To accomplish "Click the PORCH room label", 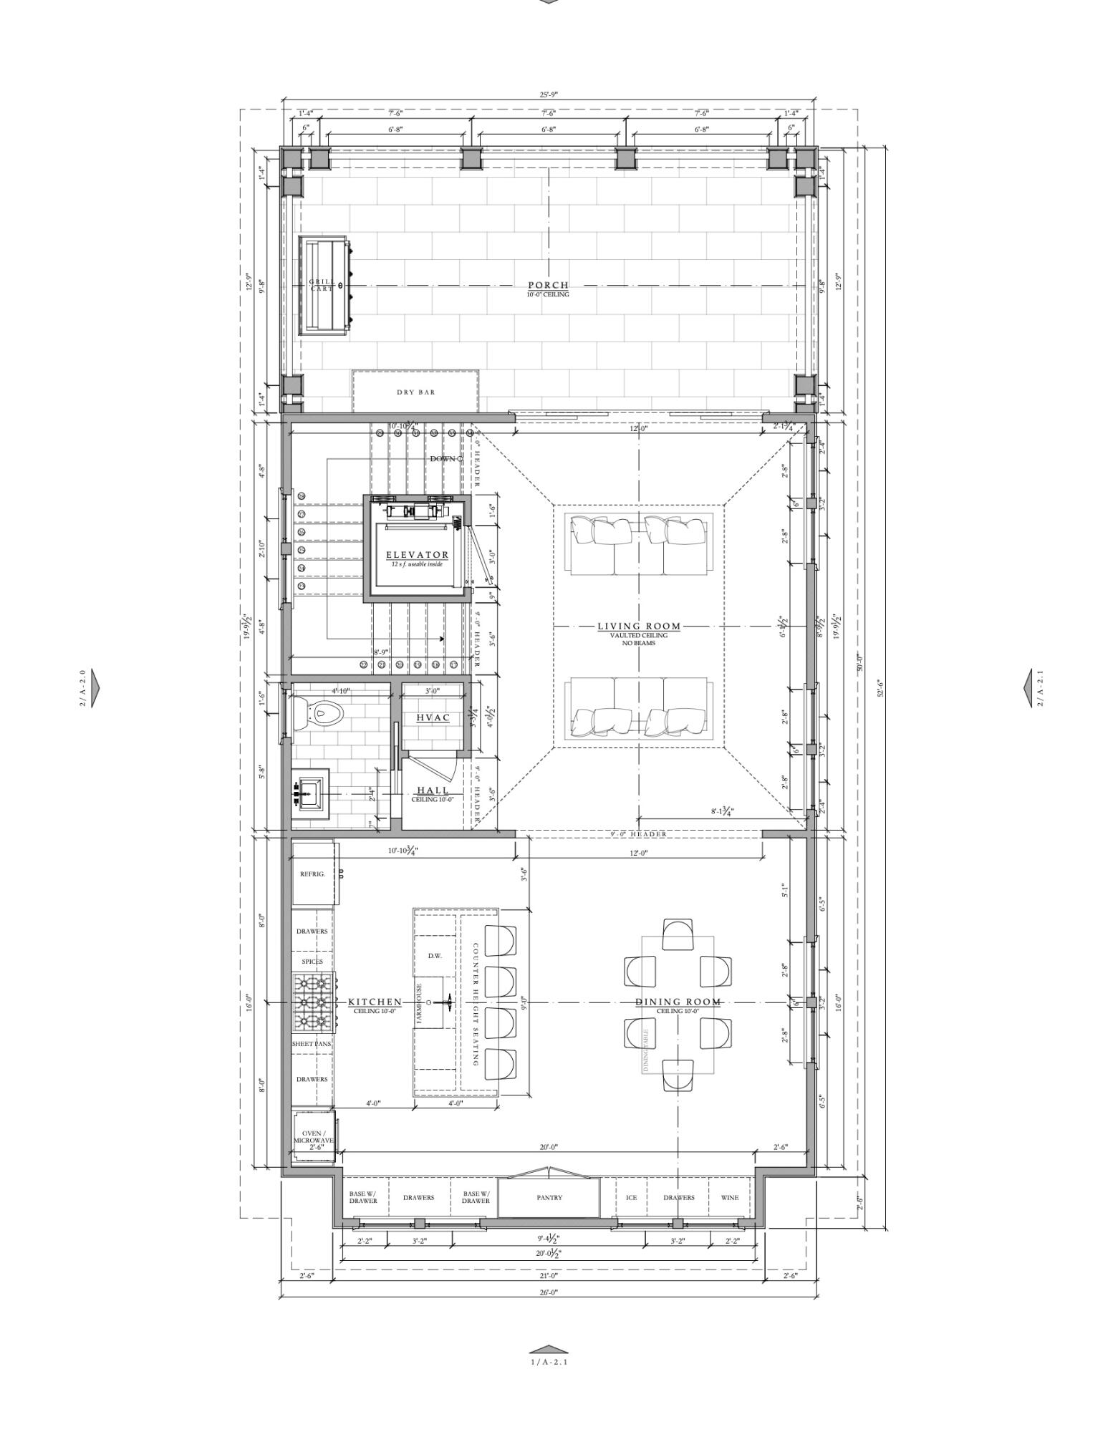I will pos(548,286).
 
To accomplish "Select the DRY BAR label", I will pos(415,392).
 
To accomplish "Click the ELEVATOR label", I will pos(417,555).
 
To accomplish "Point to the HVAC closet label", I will pos(433,717).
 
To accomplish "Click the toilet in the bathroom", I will pos(323,712).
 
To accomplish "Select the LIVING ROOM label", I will pos(639,626).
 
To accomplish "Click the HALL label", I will pos(433,791).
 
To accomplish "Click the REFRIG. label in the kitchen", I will pos(312,874).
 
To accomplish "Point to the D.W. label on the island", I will pos(435,956).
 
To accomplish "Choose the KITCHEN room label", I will pos(375,1002).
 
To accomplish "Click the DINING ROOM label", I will pos(678,1002).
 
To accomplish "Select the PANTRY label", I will pos(549,1198).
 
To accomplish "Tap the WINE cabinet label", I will pos(729,1198).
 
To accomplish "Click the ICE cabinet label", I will pos(631,1198).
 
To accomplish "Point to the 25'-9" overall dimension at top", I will pos(548,95).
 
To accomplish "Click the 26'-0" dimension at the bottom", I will pos(548,1292).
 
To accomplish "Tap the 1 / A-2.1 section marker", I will pos(549,1361).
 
